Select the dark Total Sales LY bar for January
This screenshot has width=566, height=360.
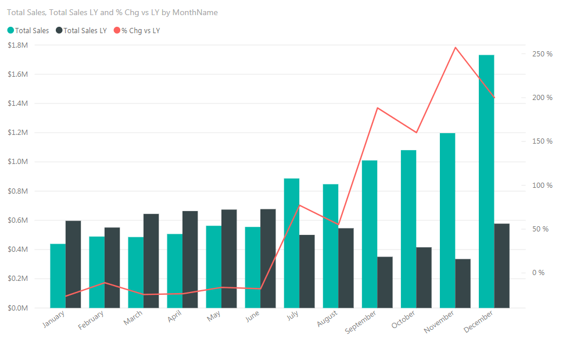click(x=73, y=265)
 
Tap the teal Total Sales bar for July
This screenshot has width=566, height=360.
click(x=292, y=243)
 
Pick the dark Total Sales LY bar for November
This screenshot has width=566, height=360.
click(x=463, y=283)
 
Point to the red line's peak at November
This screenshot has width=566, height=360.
click(x=455, y=48)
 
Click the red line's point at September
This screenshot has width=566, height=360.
click(x=377, y=108)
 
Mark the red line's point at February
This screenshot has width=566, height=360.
click(x=105, y=283)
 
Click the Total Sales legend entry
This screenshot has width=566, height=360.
click(x=28, y=30)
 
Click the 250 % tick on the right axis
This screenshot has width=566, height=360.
click(x=542, y=54)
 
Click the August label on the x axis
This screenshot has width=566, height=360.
click(x=327, y=319)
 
